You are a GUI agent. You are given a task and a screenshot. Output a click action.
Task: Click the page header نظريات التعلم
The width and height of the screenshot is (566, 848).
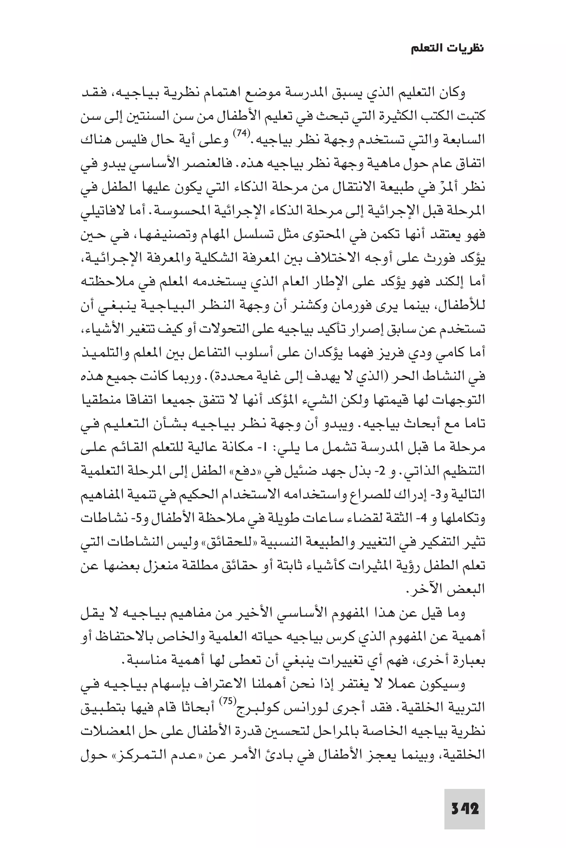(x=448, y=49)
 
